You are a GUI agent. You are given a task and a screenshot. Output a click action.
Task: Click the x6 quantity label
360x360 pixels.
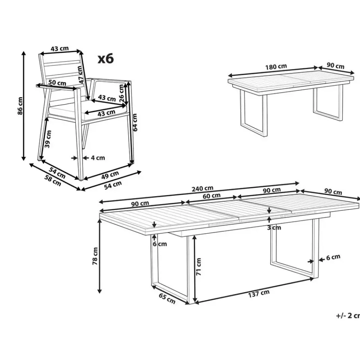tap(106, 58)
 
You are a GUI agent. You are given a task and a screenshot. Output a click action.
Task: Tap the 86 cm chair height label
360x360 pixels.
tap(20, 106)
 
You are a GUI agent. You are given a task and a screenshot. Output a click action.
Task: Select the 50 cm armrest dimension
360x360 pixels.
tap(57, 82)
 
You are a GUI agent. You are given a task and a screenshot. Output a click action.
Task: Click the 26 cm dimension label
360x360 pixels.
tap(121, 93)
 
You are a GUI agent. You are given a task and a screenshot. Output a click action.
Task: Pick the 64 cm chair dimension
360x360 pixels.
tap(135, 122)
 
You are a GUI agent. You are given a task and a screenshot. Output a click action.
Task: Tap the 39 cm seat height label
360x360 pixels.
tap(48, 139)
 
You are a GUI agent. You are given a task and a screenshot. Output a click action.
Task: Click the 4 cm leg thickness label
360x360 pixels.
tap(98, 158)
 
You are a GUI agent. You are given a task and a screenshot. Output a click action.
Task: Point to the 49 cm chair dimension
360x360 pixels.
tap(110, 175)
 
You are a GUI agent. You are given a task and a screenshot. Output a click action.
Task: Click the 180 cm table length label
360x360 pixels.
tap(276, 67)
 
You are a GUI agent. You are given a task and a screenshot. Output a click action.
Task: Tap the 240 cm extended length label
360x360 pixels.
tap(202, 189)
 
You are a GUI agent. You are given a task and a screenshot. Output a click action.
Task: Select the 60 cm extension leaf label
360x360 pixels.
tap(211, 196)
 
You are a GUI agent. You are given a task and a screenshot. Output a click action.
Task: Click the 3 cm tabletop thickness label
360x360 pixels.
tap(274, 228)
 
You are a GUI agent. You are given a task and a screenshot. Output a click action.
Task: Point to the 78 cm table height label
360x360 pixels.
tap(95, 256)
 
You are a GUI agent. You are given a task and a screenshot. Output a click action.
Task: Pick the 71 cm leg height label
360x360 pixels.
tap(198, 267)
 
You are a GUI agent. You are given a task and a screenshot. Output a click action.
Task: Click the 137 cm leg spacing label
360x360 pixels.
tap(259, 294)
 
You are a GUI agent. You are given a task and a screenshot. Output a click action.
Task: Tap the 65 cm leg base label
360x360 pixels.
tap(167, 298)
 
